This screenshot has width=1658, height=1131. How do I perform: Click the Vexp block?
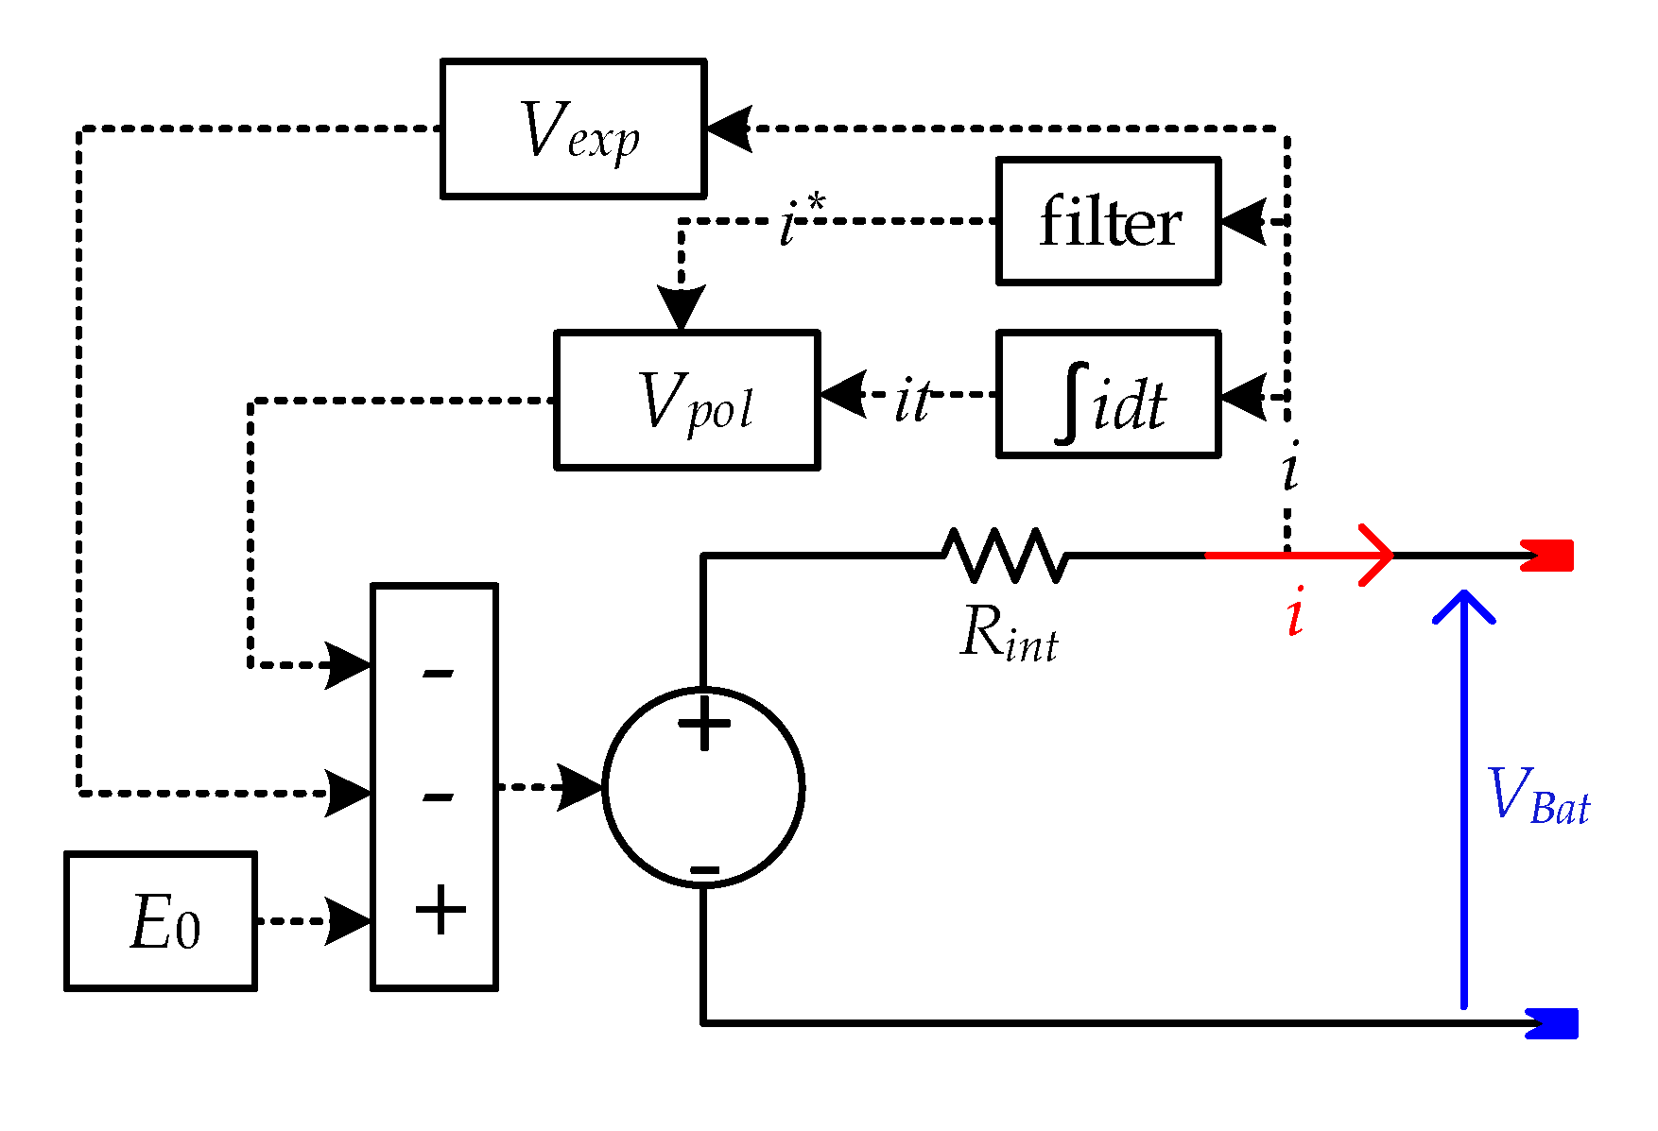click(573, 129)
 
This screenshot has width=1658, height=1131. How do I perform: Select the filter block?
click(1108, 222)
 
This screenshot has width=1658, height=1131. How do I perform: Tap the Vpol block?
click(686, 400)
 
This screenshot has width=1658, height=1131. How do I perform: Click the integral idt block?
click(1108, 395)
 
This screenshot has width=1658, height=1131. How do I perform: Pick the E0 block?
click(161, 921)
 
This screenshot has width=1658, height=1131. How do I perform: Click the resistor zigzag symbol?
click(1005, 555)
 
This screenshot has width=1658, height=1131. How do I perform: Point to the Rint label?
click(1008, 633)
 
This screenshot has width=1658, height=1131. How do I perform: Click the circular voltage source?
click(704, 787)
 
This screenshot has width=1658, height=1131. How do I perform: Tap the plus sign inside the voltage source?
click(704, 724)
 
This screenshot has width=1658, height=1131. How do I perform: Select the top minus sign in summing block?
click(438, 673)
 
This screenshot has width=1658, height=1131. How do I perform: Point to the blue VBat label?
click(1538, 796)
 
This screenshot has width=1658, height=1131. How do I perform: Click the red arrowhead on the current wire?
click(1375, 555)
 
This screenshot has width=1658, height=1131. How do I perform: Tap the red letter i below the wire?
click(1296, 612)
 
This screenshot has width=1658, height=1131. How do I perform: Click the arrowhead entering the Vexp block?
click(729, 129)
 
